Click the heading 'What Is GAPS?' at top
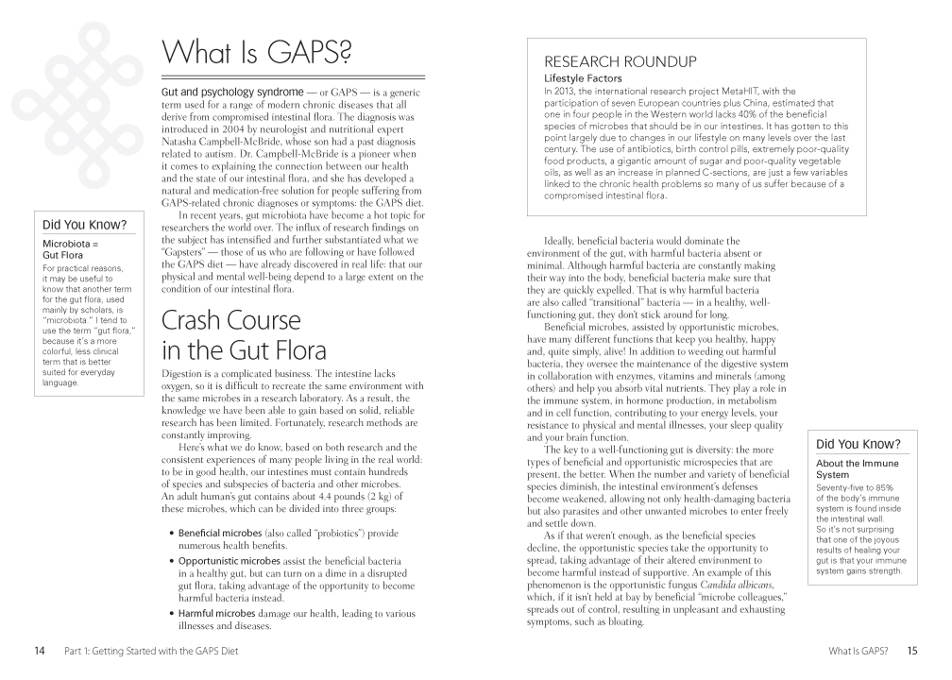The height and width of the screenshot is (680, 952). tap(257, 51)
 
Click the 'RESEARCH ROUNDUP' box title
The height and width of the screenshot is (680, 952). tap(620, 62)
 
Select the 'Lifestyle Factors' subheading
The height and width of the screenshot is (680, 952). tap(583, 77)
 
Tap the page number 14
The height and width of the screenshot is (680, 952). tap(39, 651)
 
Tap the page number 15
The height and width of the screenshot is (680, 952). tap(911, 651)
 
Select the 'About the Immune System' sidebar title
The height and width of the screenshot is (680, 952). tap(857, 469)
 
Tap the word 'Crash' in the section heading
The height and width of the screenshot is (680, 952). tap(197, 321)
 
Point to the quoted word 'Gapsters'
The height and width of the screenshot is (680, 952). tap(192, 255)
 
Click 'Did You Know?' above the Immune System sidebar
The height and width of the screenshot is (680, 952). tap(858, 444)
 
